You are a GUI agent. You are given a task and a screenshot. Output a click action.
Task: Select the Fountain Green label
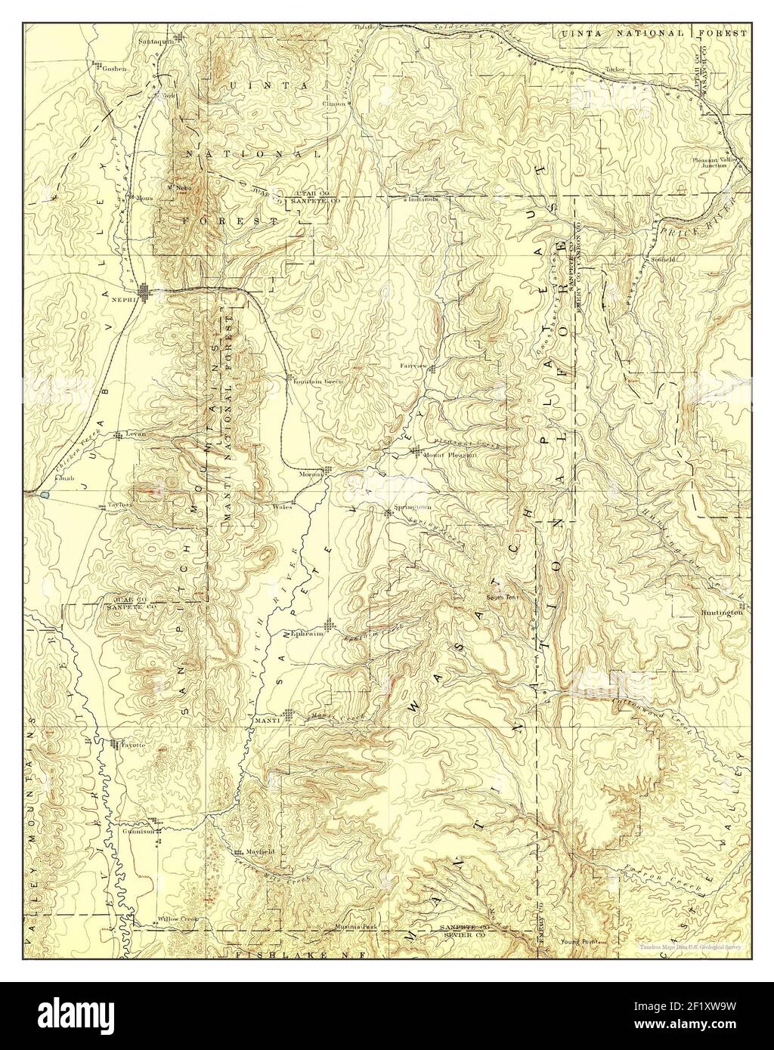318,381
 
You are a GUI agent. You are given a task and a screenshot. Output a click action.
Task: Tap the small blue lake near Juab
46,496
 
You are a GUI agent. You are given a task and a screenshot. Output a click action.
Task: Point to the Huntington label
722,613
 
